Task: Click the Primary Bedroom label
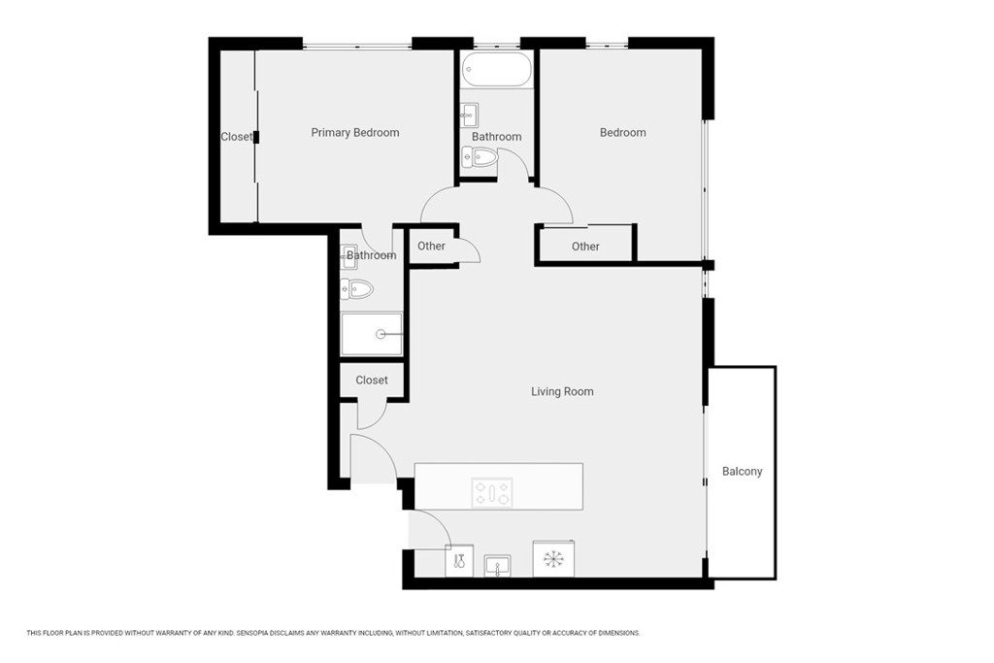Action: pos(355,132)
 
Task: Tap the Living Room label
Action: pos(562,392)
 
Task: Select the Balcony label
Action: pos(742,472)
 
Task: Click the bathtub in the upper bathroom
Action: pos(497,69)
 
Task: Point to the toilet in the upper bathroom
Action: pos(480,156)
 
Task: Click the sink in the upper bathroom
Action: pos(469,116)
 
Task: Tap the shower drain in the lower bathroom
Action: pos(381,334)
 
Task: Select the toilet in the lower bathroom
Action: pos(356,289)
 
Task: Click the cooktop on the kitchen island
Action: pos(492,492)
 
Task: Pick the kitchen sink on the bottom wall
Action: pos(498,566)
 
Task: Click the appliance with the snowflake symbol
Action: pos(553,558)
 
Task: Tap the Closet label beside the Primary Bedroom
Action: pos(236,137)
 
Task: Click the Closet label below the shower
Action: pos(372,381)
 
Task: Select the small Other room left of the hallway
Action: pos(432,246)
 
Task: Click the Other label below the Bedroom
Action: pos(585,247)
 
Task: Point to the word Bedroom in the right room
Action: pos(623,132)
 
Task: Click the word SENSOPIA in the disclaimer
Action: pos(254,633)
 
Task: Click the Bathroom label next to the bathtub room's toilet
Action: pos(496,137)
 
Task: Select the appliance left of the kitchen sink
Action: pos(459,561)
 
